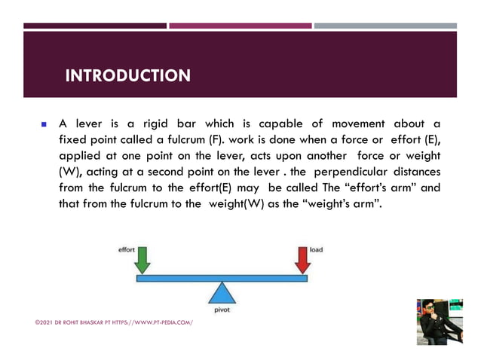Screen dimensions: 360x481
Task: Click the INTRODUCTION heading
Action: click(x=127, y=76)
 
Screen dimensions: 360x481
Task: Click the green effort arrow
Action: click(x=142, y=261)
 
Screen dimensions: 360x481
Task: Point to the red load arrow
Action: click(x=302, y=261)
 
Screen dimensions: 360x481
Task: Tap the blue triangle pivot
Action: click(x=221, y=292)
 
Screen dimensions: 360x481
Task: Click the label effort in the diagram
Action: click(x=126, y=249)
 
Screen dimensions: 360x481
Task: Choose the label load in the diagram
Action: click(x=317, y=249)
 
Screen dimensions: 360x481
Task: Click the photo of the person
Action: click(x=439, y=322)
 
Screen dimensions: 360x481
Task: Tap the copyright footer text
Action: click(x=114, y=322)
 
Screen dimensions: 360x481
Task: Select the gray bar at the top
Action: click(x=384, y=26)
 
